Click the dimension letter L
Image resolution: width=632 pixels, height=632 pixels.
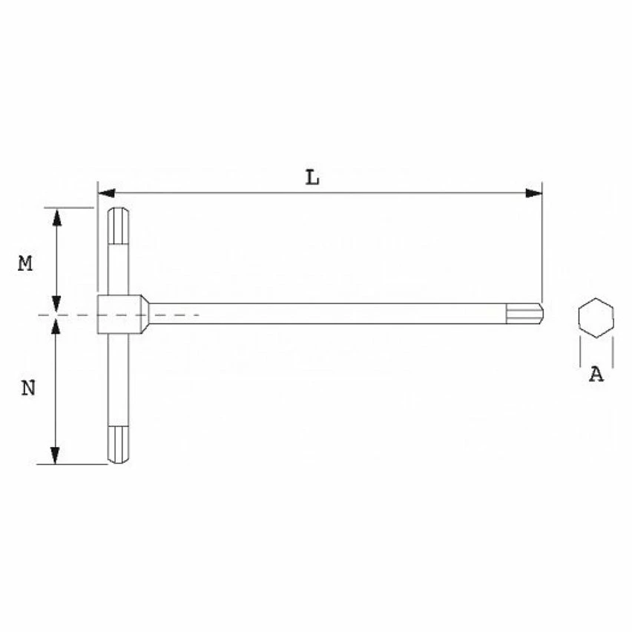(313, 178)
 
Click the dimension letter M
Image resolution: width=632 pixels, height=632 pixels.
(26, 263)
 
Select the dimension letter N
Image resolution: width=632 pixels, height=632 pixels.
(27, 388)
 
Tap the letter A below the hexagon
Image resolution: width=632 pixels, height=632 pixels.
(596, 375)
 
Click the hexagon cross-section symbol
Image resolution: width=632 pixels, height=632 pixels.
(596, 318)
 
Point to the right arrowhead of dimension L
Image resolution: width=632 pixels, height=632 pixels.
(533, 193)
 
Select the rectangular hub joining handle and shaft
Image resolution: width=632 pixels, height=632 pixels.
(119, 314)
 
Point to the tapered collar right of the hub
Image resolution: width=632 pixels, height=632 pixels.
(146, 313)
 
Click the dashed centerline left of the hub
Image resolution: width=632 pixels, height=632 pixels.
(67, 316)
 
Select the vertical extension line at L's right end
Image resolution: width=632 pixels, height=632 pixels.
(542, 245)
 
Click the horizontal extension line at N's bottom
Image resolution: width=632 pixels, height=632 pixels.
(74, 465)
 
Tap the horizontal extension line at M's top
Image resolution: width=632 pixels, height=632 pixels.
(70, 207)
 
